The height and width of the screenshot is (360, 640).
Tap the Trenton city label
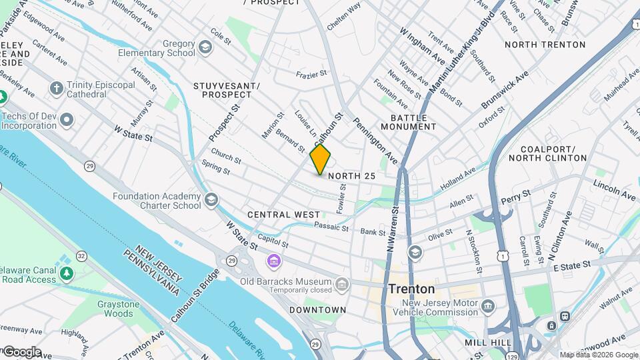(x=412, y=289)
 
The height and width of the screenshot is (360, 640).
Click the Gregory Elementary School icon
(x=205, y=47)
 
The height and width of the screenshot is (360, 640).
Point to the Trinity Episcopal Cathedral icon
(x=57, y=88)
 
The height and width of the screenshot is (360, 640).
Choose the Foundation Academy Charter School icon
(x=211, y=200)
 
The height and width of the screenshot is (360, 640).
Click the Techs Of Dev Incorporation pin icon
(x=66, y=120)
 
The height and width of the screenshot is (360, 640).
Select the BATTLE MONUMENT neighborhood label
(x=409, y=121)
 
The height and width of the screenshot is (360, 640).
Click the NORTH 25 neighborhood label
(x=352, y=176)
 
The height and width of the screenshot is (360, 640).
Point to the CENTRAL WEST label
(x=283, y=215)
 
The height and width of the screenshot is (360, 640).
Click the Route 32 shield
(x=81, y=256)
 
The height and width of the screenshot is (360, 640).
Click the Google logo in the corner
(x=21, y=352)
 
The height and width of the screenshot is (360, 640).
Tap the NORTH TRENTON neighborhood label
(x=545, y=45)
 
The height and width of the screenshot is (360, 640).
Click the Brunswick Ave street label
(x=505, y=91)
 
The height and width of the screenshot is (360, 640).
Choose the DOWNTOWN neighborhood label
(x=317, y=310)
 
